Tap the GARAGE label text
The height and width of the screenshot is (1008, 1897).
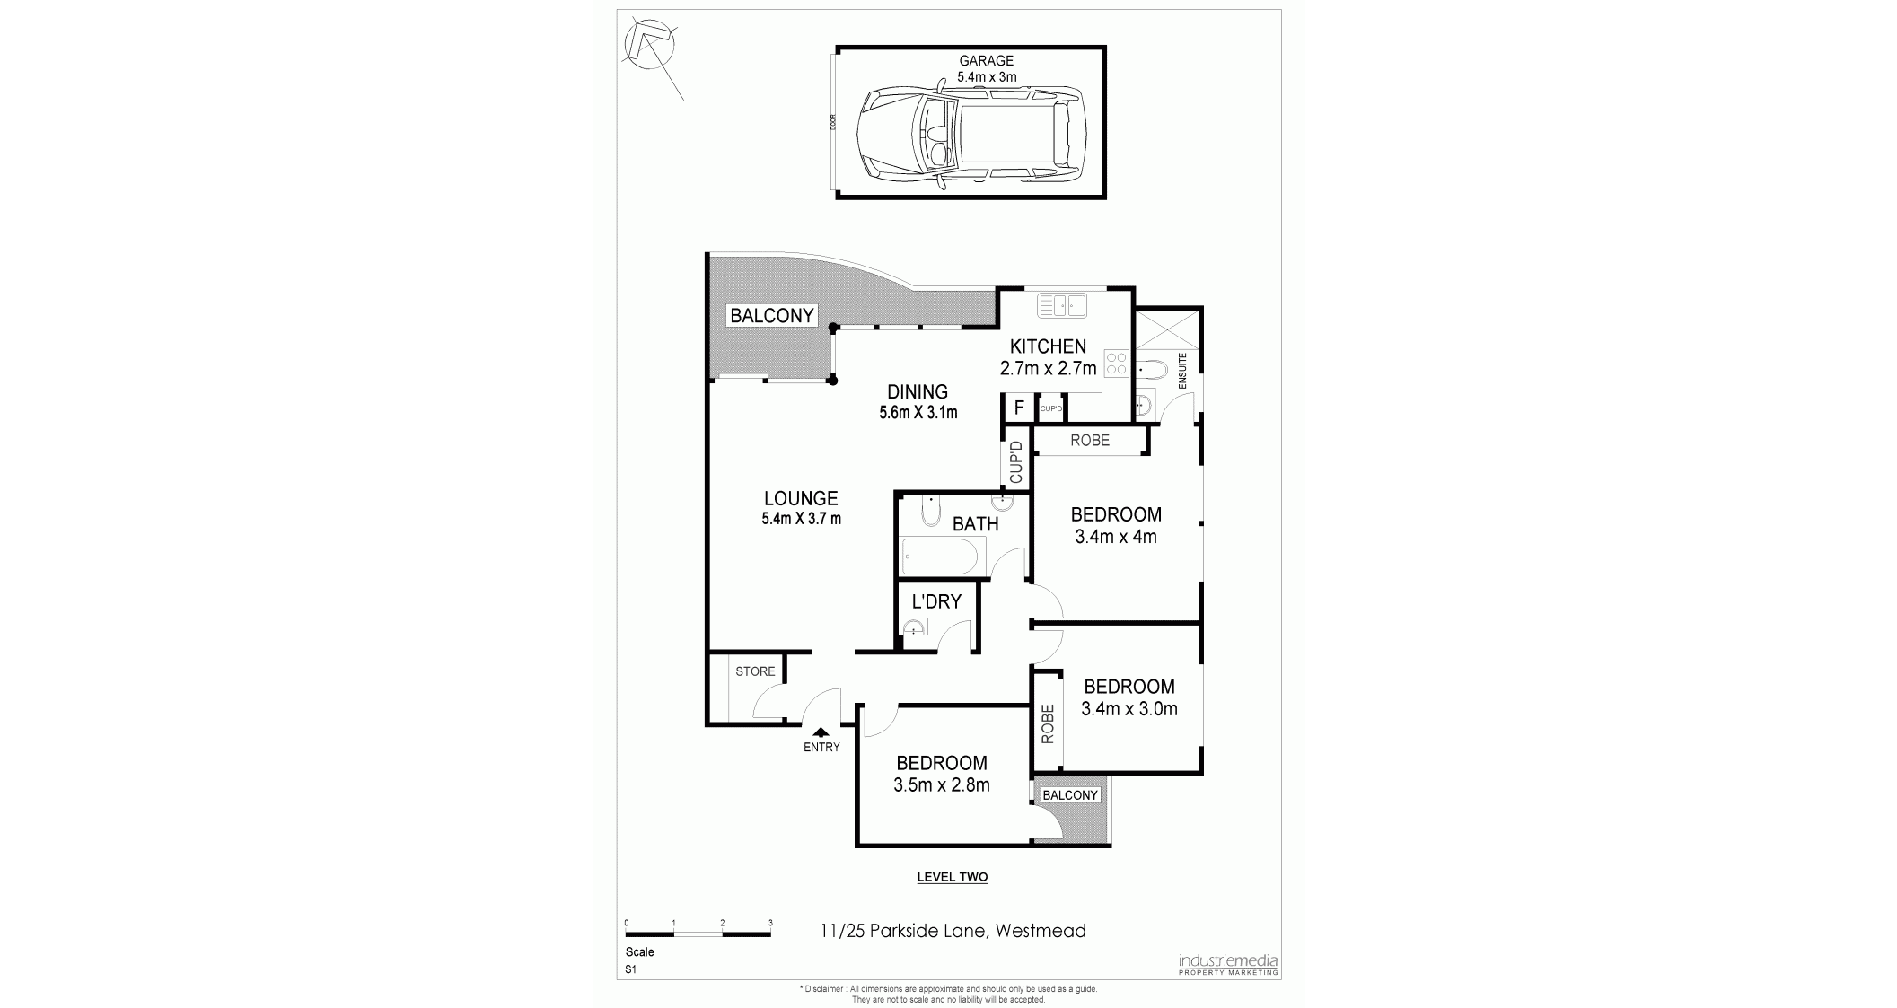point(986,61)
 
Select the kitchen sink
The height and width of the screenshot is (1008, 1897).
point(1062,305)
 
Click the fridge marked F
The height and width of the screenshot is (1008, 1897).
point(1019,408)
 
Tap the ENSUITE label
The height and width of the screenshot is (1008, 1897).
point(1182,370)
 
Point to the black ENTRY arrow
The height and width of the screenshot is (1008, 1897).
point(821,732)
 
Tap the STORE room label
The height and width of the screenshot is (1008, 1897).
point(755,671)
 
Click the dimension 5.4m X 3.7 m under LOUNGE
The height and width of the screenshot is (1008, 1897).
point(801,518)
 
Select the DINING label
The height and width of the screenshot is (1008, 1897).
point(918,392)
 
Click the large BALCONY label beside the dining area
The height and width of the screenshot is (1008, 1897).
point(772,316)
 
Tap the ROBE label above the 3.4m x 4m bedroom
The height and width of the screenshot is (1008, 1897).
point(1090,441)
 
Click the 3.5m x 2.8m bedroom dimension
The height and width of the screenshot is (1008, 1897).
point(942,785)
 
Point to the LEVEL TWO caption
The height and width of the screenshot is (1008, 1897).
point(953,877)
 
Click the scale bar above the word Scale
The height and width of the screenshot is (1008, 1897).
point(698,934)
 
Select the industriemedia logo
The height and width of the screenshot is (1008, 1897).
point(1227,964)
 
